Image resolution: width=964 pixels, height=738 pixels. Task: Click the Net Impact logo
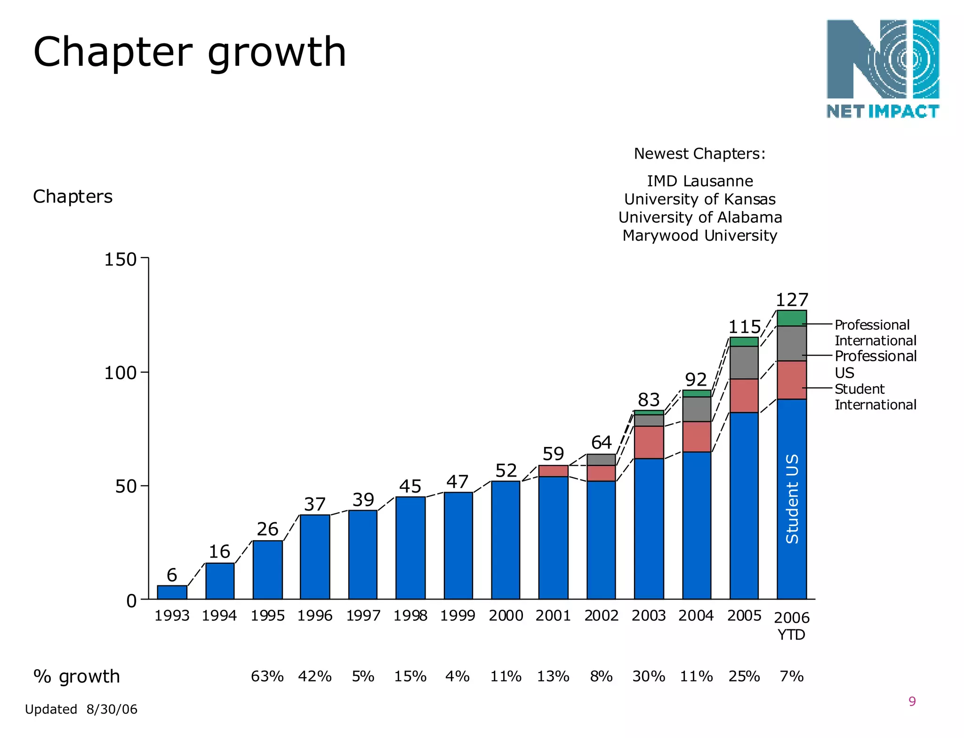tap(883, 68)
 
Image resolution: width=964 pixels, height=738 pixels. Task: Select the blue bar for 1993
tap(172, 592)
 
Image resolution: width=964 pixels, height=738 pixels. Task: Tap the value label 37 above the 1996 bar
tap(314, 504)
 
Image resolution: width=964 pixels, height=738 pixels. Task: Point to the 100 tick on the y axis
tap(120, 373)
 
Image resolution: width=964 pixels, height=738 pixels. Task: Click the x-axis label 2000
tap(506, 616)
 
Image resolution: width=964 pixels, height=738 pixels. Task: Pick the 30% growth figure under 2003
tap(649, 676)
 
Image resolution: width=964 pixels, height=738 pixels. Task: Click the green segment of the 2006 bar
tap(791, 318)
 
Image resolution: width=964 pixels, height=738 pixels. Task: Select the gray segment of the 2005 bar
tap(744, 363)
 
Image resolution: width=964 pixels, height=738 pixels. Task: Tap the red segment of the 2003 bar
tap(649, 442)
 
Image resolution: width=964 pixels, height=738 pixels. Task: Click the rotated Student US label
tap(792, 499)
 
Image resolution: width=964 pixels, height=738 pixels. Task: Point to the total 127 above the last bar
tap(792, 300)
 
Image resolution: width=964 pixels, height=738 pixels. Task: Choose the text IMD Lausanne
tap(699, 181)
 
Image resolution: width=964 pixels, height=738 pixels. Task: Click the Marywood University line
tap(699, 235)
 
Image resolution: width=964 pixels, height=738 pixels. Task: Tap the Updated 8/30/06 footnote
tap(81, 709)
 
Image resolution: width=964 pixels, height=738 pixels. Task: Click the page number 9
tap(912, 702)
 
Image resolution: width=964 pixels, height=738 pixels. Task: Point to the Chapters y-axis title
tap(72, 196)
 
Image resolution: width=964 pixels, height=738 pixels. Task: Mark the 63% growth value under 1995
tap(267, 676)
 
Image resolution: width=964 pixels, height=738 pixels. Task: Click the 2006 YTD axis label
tap(791, 626)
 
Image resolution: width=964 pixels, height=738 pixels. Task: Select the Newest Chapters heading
tap(699, 154)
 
